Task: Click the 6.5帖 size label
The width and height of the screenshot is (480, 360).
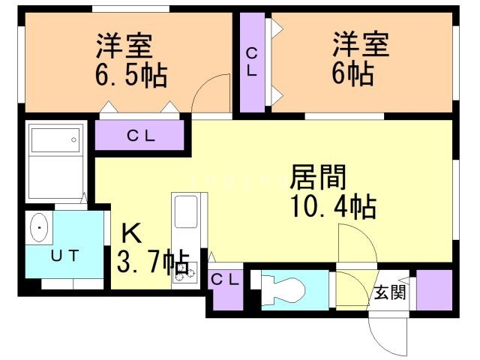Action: click(x=131, y=75)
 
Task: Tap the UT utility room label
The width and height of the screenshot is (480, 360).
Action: click(x=64, y=255)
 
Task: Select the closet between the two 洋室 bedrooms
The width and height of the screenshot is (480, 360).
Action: click(x=253, y=61)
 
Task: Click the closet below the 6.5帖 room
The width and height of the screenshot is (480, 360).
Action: click(x=140, y=136)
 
